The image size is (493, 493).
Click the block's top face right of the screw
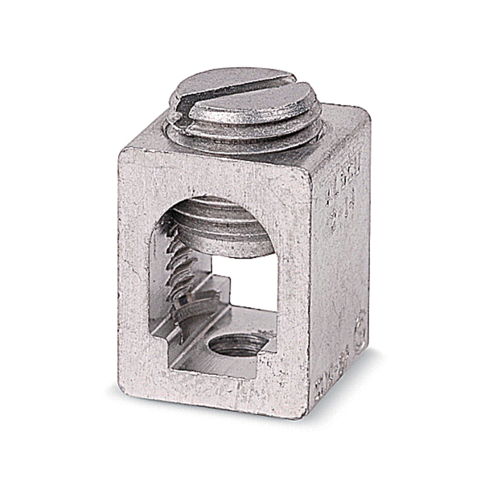(x=340, y=123)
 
